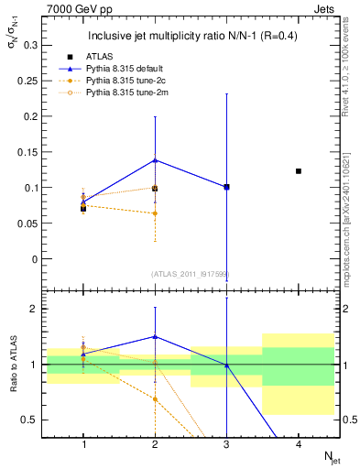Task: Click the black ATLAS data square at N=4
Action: pos(299,171)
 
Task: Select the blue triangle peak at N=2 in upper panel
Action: pos(156,160)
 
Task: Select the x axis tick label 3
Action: pos(227,444)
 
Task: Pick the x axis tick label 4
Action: pos(299,444)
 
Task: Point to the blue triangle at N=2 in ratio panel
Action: pos(156,337)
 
